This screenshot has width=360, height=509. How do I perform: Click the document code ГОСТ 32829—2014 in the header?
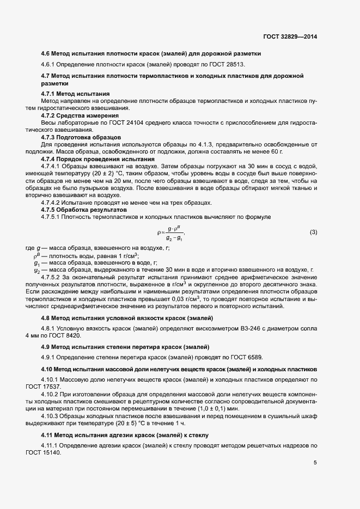(289, 36)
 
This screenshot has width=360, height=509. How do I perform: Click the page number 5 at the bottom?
(315, 463)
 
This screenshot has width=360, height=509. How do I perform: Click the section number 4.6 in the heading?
(46, 53)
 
